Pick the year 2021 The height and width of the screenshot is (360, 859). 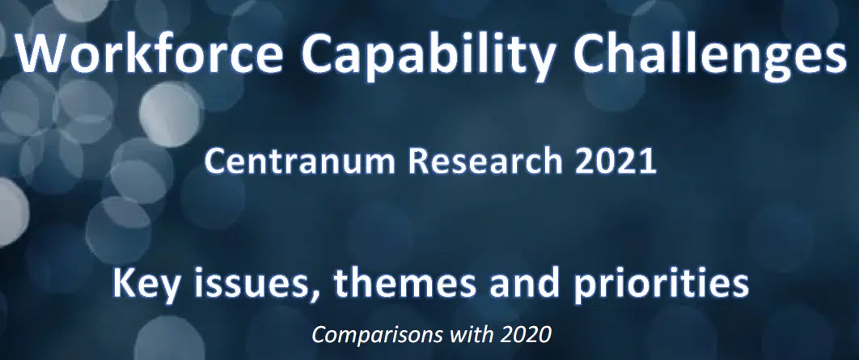coord(613,162)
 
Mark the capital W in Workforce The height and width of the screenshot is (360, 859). coord(40,55)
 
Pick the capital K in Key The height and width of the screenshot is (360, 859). coord(123,284)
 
